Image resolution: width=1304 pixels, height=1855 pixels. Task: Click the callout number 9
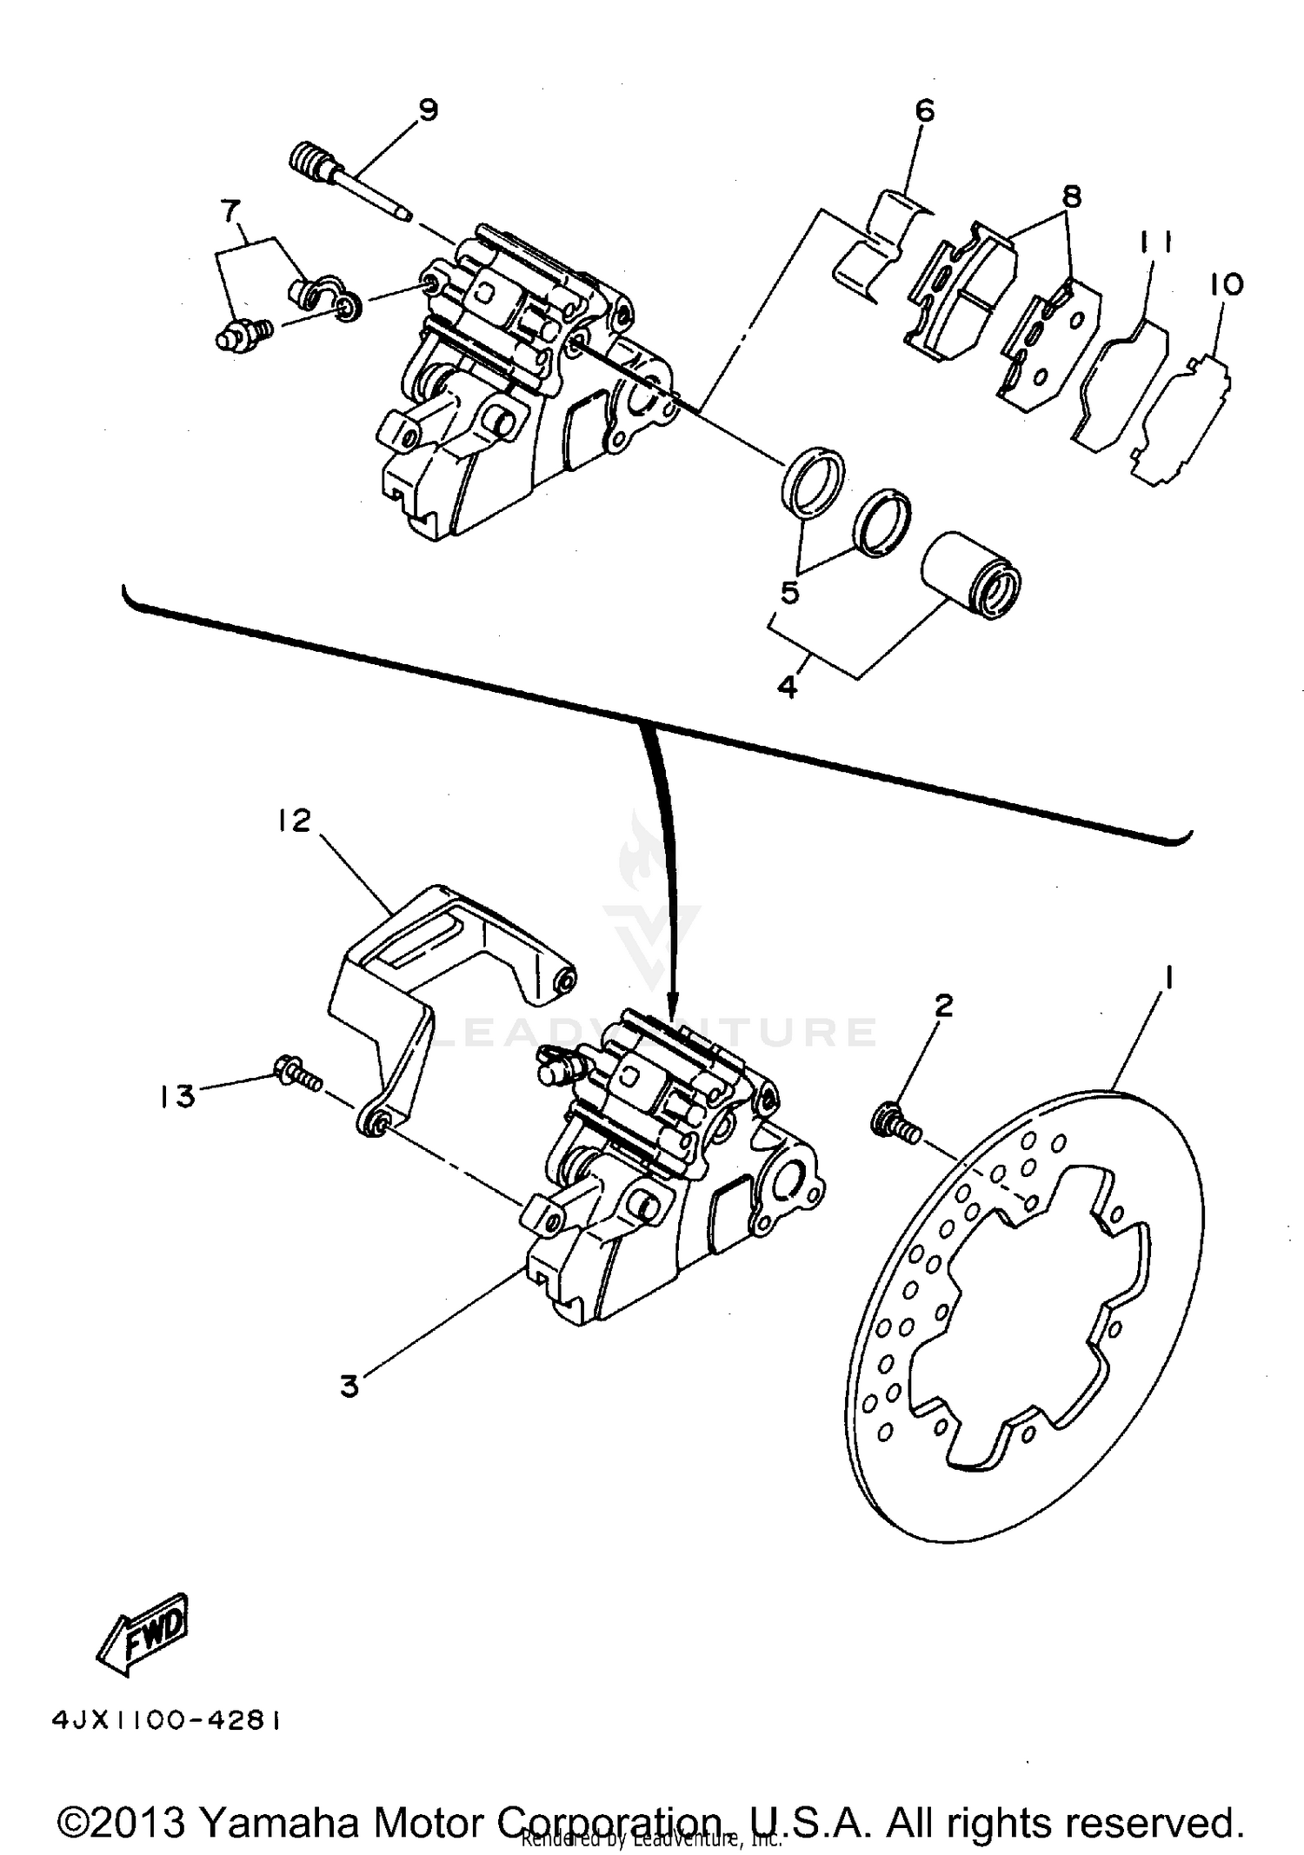(x=428, y=110)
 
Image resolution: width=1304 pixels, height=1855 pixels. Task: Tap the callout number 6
(x=924, y=110)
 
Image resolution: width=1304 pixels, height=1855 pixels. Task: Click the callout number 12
(x=295, y=820)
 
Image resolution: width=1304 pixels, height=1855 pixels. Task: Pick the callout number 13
(x=177, y=1096)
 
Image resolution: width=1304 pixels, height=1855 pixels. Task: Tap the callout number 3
(x=349, y=1386)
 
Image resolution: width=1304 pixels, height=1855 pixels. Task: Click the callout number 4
(x=787, y=687)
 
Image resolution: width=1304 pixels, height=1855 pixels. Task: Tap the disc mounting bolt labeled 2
(x=893, y=1124)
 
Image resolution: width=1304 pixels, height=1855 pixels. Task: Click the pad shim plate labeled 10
(x=1187, y=417)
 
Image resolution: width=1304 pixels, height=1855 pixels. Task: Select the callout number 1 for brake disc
(x=1169, y=980)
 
